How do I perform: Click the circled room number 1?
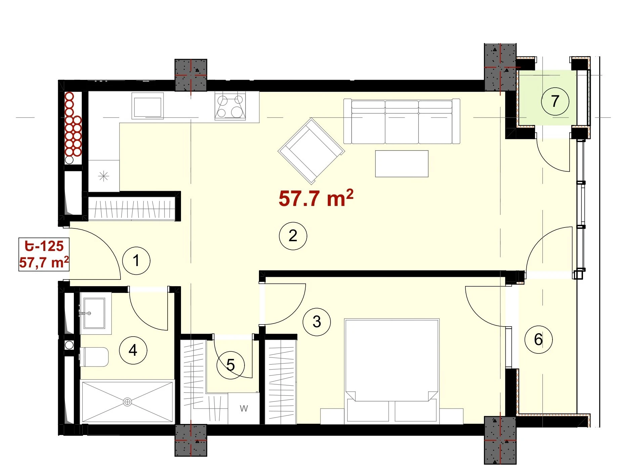pos(136,261)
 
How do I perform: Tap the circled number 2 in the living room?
pos(293,236)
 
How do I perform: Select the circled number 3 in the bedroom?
pos(317,322)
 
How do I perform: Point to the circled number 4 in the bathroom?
pos(133,350)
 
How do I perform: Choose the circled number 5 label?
pos(230,365)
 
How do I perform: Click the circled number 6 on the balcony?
pos(538,339)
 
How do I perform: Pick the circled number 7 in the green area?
pos(555,101)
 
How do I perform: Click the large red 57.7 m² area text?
pos(316,198)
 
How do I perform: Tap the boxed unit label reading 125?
pos(44,254)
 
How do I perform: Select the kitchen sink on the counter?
pos(147,106)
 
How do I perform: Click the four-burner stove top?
pos(230,105)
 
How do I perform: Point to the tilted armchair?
pos(311,151)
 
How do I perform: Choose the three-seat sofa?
pos(402,121)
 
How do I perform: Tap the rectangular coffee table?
pos(402,164)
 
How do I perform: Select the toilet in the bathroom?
pos(94,357)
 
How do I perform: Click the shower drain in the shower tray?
pos(127,402)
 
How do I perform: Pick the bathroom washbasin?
pos(95,313)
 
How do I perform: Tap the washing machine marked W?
pos(244,409)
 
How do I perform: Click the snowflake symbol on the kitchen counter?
pos(103,176)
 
